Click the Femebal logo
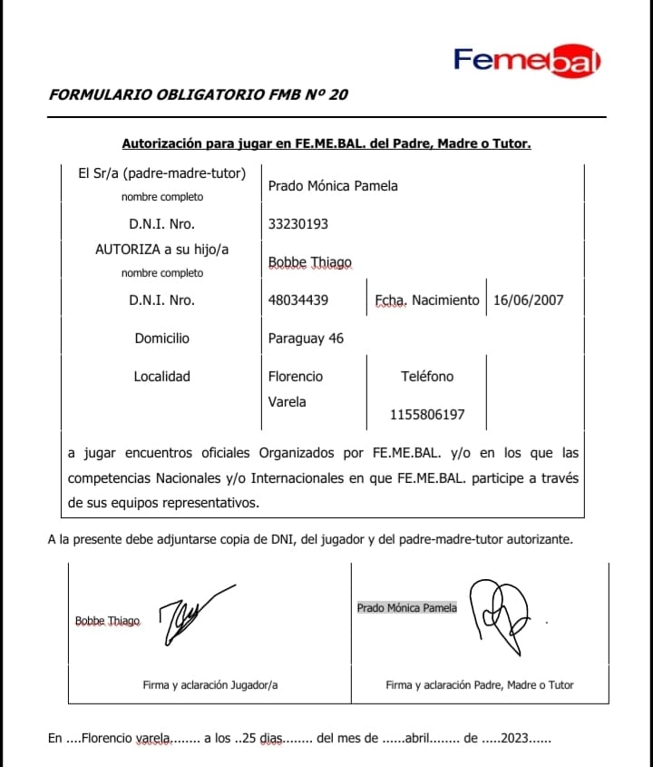[527, 60]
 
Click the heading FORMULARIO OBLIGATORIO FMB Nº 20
[199, 94]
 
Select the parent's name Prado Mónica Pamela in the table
[333, 186]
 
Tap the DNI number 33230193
[298, 223]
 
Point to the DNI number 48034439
[298, 300]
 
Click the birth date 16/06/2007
[529, 300]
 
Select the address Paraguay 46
[306, 339]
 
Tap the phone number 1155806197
[427, 415]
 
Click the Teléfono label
[427, 376]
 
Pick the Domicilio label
[162, 339]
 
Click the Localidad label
[162, 376]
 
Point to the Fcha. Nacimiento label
[426, 300]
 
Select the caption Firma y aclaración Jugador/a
[210, 685]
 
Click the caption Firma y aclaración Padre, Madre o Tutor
[479, 685]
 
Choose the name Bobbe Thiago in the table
[310, 262]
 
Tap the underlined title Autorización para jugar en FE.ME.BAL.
[326, 143]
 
